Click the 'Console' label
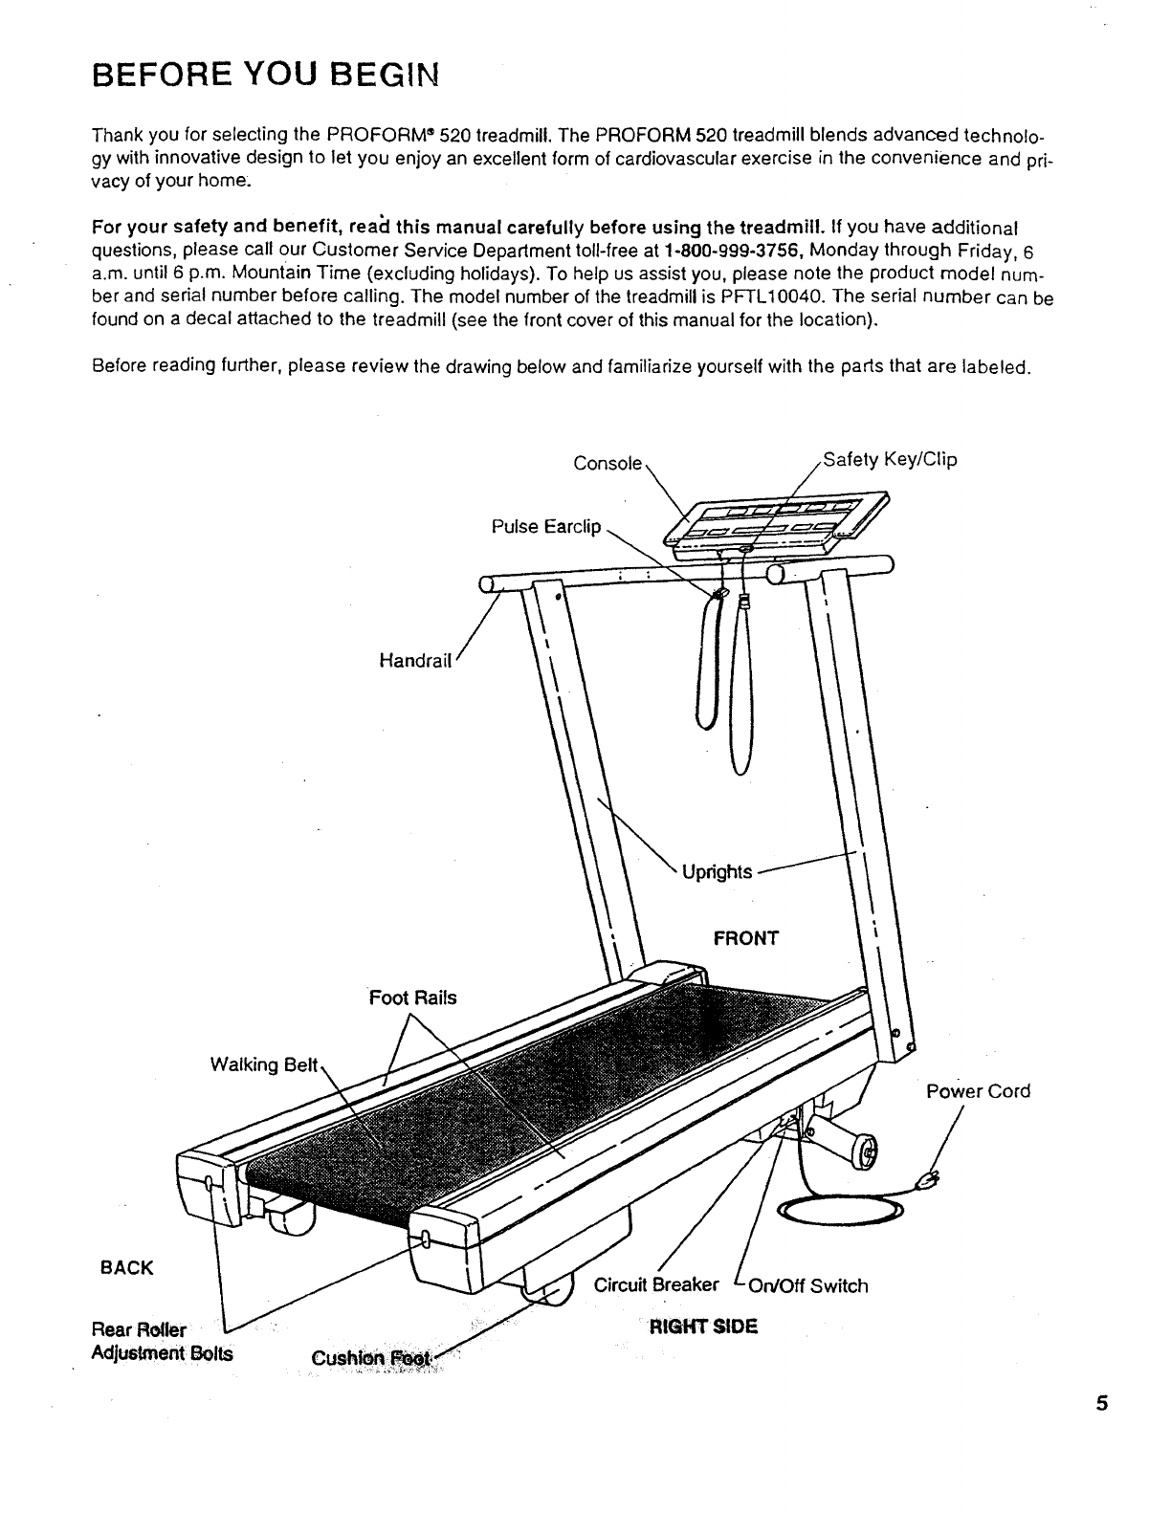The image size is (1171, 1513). [607, 463]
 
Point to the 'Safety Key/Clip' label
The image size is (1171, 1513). [889, 460]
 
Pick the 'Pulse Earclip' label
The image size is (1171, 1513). [545, 527]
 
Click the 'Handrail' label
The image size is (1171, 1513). [414, 660]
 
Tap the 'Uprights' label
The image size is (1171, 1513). [718, 871]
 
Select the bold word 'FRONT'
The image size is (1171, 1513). [746, 937]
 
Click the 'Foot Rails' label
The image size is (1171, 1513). [413, 998]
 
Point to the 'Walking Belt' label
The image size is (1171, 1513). [263, 1064]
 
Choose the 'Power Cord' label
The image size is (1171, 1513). [978, 1091]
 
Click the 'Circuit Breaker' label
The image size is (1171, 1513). [656, 1284]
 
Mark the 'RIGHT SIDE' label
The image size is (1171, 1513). [703, 1327]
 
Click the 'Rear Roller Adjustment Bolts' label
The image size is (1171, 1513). [161, 1342]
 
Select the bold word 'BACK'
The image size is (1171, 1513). [126, 1268]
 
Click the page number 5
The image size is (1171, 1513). [1102, 1405]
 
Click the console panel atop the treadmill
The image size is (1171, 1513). [777, 522]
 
